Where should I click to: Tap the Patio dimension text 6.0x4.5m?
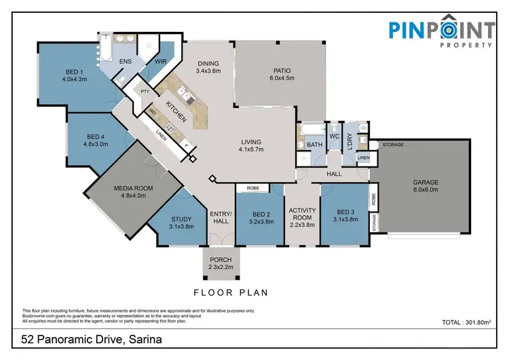[x=282, y=78]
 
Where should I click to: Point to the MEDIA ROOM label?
[x=134, y=187]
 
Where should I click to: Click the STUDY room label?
[x=181, y=219]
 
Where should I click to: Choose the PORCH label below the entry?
[x=221, y=259]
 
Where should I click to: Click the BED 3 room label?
[x=345, y=212]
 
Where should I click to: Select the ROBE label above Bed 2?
[x=252, y=187]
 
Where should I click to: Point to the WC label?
[x=334, y=137]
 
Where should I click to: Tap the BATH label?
[x=314, y=145]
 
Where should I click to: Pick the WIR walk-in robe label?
[x=161, y=61]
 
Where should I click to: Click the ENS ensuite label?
[x=126, y=62]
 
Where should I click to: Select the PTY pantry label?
[x=145, y=90]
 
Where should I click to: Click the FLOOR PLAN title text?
[x=231, y=293]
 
